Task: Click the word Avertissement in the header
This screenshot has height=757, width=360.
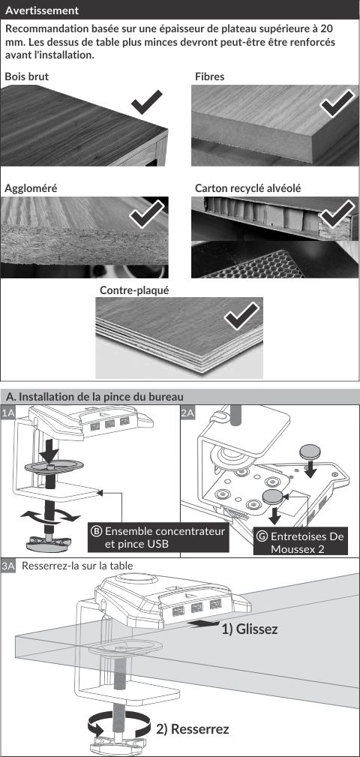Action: click(x=42, y=11)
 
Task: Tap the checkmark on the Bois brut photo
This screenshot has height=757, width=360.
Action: click(x=147, y=102)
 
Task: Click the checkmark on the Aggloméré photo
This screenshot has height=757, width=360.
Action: click(x=147, y=215)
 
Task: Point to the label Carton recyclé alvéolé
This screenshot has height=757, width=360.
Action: click(x=247, y=188)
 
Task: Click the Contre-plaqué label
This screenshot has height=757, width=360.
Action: click(x=134, y=290)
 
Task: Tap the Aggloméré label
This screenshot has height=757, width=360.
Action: click(x=31, y=189)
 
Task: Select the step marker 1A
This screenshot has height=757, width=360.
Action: click(x=7, y=413)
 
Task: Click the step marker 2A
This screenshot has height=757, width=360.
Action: click(x=187, y=413)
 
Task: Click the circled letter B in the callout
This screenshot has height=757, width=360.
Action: click(x=97, y=531)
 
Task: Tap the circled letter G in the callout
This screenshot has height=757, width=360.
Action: click(x=262, y=536)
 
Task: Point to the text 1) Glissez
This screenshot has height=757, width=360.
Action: click(x=250, y=629)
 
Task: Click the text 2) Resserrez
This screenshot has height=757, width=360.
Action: click(x=193, y=729)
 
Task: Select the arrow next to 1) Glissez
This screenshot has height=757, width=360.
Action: click(x=202, y=624)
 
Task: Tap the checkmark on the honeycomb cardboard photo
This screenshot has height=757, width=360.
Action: click(x=337, y=213)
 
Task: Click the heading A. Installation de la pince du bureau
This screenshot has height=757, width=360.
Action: click(x=94, y=397)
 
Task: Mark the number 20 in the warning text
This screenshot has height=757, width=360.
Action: click(x=327, y=29)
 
